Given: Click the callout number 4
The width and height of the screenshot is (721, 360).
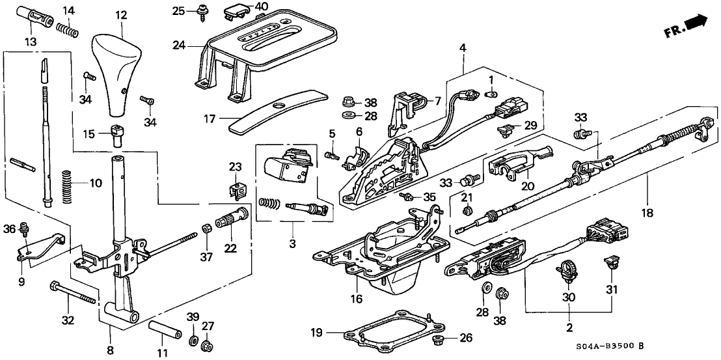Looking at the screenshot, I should click(x=463, y=48).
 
